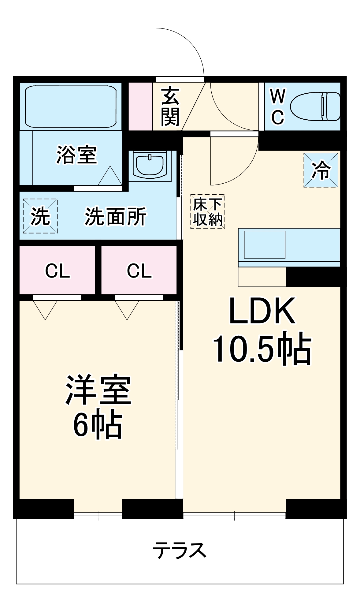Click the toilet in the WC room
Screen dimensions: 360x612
(315, 106)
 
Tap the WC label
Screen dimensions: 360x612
(278, 106)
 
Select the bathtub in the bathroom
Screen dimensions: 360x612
(71, 106)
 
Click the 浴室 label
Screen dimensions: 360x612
(77, 155)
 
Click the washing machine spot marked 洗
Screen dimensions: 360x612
(40, 216)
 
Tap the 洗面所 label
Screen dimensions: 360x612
(116, 217)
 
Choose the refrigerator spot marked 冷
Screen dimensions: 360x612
(321, 170)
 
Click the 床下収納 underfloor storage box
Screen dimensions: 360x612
(208, 212)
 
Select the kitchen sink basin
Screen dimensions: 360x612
(265, 244)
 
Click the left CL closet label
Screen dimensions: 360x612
(58, 271)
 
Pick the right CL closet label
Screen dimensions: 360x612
(139, 271)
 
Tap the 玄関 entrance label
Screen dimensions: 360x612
(170, 106)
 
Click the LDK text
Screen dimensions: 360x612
(262, 311)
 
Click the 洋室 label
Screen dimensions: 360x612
(98, 389)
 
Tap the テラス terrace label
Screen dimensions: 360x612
(180, 550)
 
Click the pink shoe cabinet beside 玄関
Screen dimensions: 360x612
(140, 106)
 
